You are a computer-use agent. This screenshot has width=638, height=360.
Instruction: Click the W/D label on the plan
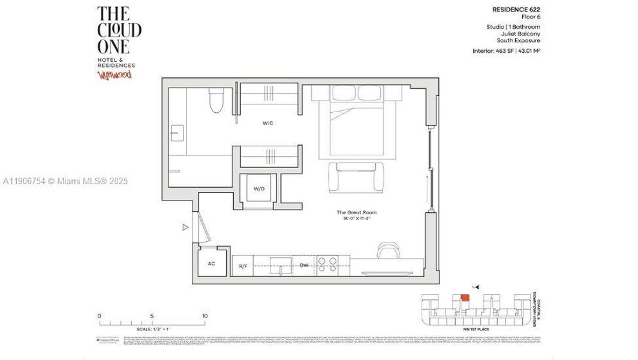coord(259,188)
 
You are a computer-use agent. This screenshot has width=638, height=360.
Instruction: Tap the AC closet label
coord(211,263)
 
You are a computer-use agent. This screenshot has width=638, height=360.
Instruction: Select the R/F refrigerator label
coord(243,265)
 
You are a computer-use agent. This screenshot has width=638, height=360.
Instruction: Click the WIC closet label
coord(267,123)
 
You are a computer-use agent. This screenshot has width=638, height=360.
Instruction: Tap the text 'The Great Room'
coord(356,212)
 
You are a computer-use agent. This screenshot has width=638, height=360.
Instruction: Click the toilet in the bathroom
coord(216,101)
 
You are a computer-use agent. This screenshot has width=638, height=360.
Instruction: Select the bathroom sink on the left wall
coord(177,133)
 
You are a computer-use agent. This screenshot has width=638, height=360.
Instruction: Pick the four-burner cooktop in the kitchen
coord(327,265)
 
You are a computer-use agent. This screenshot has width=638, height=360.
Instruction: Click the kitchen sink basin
coord(281,264)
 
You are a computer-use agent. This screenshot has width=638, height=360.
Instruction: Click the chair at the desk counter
coord(388,249)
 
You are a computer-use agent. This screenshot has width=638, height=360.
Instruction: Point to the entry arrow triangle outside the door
coord(186,227)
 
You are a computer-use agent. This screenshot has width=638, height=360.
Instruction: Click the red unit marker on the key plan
coord(464,298)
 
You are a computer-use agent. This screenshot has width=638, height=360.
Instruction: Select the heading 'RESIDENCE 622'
coord(516,10)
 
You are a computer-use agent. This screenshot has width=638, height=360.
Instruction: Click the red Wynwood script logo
coord(114,74)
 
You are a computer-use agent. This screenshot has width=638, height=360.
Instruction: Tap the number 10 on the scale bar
coord(204,316)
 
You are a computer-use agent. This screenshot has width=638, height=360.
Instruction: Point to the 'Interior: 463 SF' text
coord(494,52)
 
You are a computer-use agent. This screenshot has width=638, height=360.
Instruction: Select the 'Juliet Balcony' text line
coord(520,34)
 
